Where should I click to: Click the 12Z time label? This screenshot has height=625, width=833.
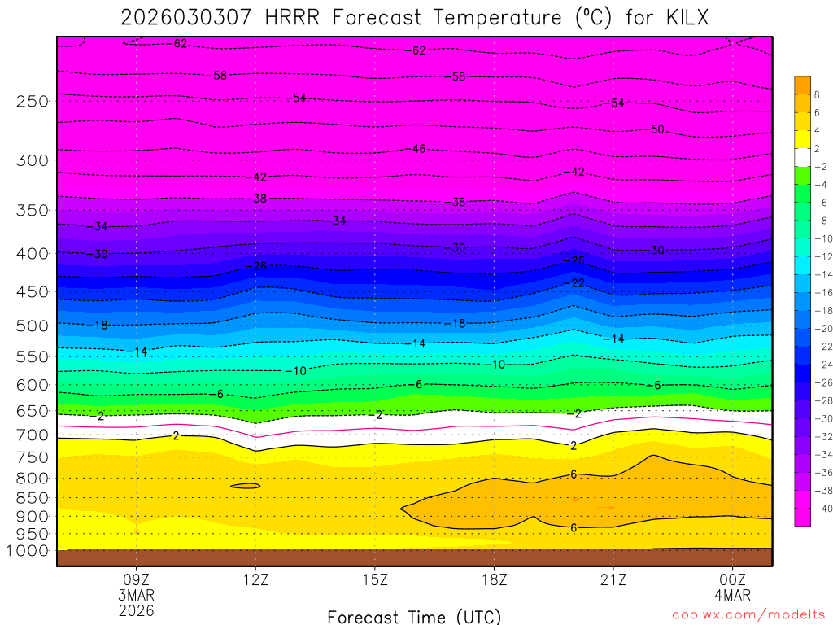tap(255, 580)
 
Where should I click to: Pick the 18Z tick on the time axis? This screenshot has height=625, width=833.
tap(494, 580)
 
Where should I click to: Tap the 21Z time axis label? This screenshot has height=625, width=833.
tap(613, 580)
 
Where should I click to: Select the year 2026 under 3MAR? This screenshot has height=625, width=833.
tap(136, 610)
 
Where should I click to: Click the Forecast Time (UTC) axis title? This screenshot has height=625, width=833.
tap(414, 616)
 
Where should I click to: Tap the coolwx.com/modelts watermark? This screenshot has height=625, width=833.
tap(748, 614)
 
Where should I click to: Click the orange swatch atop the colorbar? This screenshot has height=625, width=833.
tap(802, 85)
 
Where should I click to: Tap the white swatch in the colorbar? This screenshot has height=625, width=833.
tap(802, 156)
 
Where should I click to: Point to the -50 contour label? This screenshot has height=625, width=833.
tap(657, 129)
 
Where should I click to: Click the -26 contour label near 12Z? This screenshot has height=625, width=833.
tap(259, 266)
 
